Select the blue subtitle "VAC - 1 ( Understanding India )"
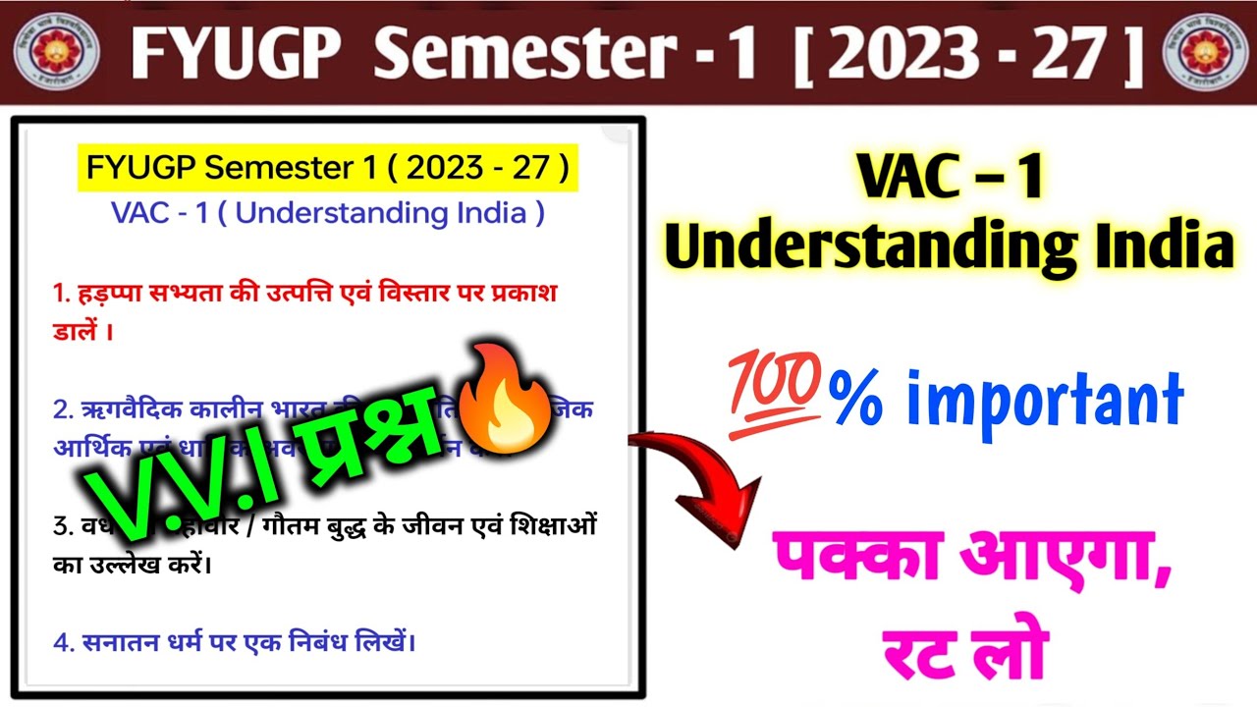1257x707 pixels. (327, 213)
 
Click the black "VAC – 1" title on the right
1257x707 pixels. (949, 180)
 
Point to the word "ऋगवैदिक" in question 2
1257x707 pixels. (128, 408)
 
